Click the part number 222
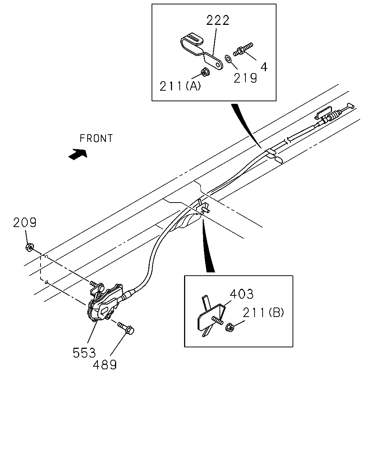[218, 20]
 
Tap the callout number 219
[245, 78]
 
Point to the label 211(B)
[263, 313]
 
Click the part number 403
[242, 294]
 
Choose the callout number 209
[24, 222]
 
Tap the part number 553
[84, 353]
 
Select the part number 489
[105, 365]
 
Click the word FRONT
[96, 139]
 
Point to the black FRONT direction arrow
[77, 154]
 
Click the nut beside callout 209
[30, 247]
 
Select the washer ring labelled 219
[228, 58]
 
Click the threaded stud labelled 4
[243, 50]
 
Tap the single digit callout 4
[264, 67]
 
